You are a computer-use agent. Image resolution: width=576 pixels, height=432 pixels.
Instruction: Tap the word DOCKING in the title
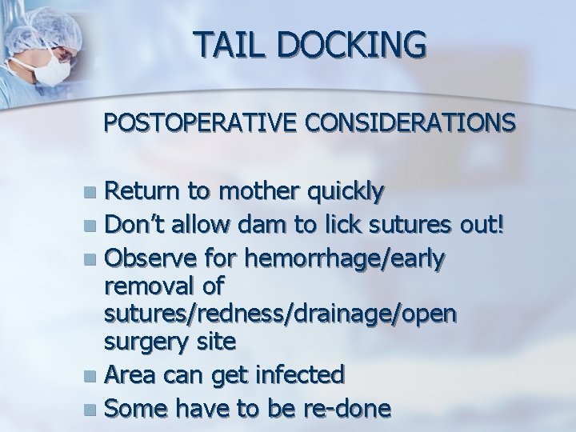[x=347, y=44]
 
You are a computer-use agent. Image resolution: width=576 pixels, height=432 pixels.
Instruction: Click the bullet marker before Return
[x=94, y=193]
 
